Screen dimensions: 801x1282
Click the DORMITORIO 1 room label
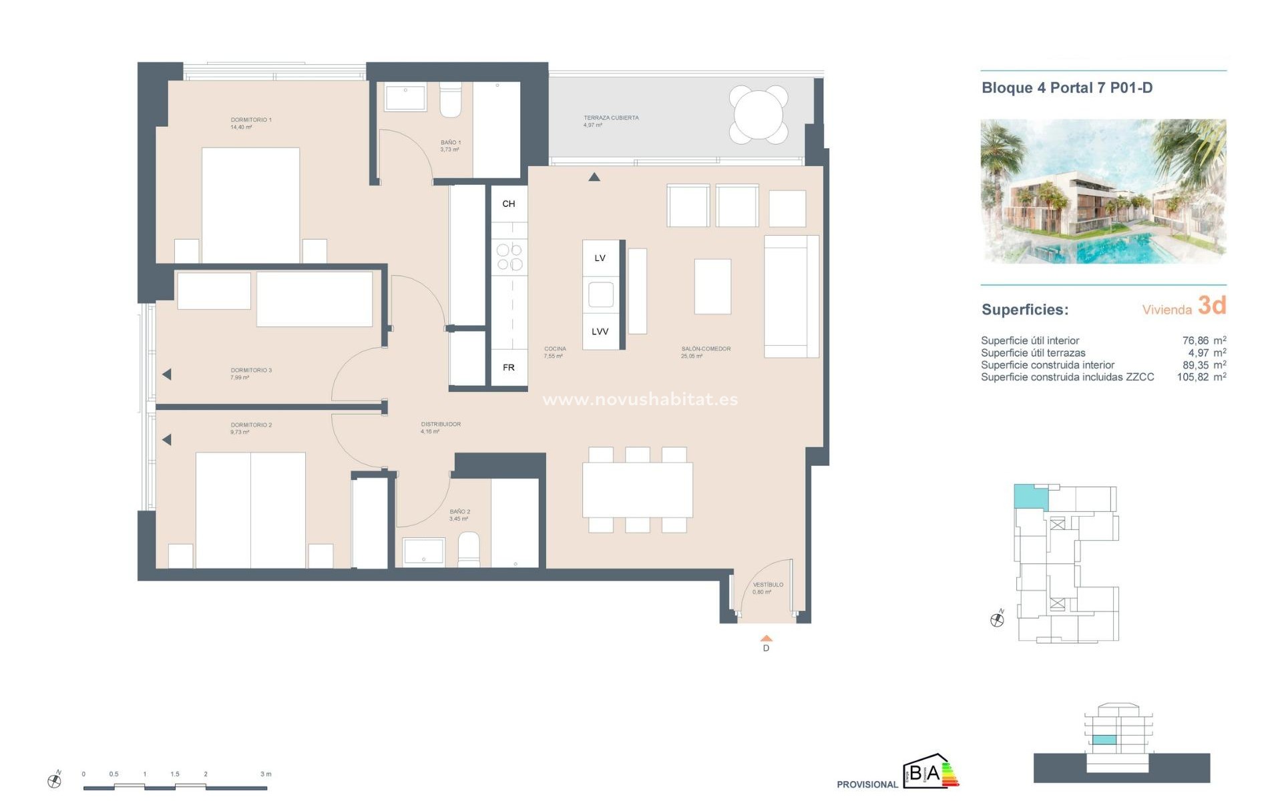[x=250, y=120]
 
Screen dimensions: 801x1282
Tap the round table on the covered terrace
[x=758, y=114]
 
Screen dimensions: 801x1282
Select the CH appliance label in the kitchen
[x=509, y=204]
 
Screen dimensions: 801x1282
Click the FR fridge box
[x=509, y=368]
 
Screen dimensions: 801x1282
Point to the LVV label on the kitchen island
[x=600, y=332]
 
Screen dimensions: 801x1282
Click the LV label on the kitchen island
[x=600, y=258]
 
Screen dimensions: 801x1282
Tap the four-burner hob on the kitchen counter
[x=509, y=257]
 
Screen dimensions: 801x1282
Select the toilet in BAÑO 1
[x=450, y=100]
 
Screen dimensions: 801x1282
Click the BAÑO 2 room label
[x=459, y=512]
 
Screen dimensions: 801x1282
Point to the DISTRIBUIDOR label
[x=441, y=425]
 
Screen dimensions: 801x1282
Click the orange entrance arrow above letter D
[x=767, y=638]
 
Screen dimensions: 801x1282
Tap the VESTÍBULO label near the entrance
[x=768, y=585]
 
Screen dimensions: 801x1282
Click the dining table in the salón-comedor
[x=637, y=490]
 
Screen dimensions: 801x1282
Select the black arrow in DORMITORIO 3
[x=167, y=374]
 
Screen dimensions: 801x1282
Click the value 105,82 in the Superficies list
[x=1193, y=377]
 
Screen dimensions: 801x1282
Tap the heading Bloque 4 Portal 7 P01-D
[x=1066, y=87]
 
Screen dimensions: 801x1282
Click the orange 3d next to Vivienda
[x=1211, y=306]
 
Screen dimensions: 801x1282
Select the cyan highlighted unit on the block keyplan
[x=1030, y=497]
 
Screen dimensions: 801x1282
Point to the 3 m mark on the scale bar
[x=266, y=774]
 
